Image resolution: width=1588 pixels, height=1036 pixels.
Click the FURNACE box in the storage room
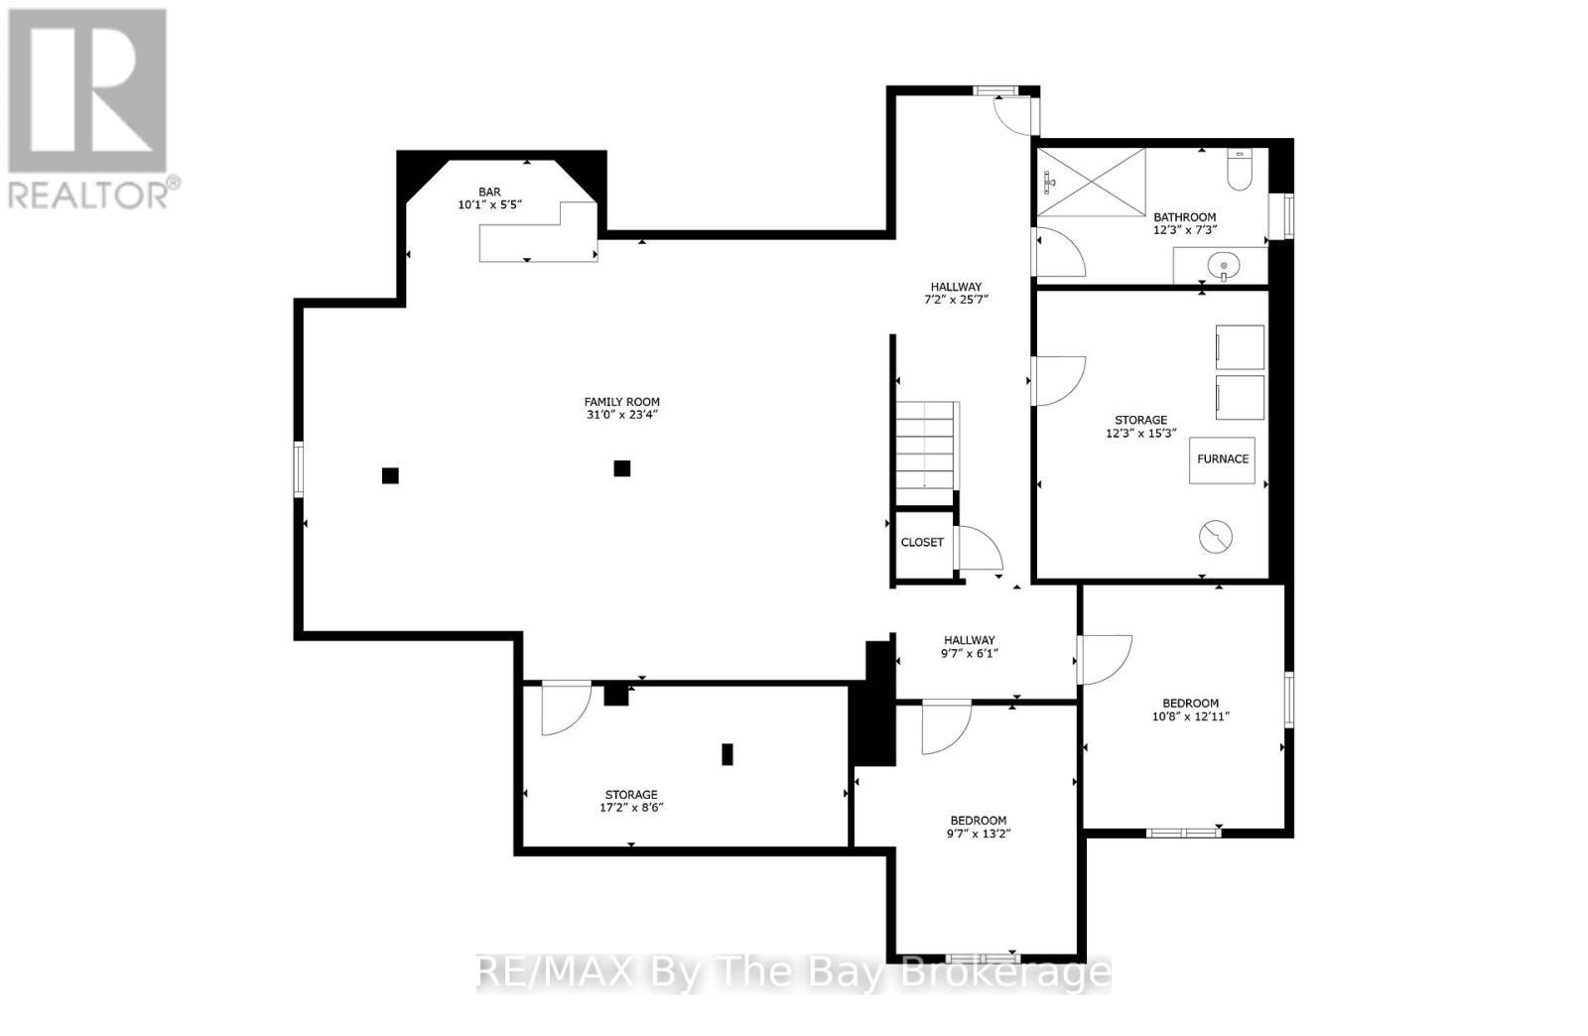1222,459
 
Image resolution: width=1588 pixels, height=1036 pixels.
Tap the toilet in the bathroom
1241,171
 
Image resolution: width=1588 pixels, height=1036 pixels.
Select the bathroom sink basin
1222,265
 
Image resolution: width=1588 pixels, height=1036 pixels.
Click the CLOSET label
922,543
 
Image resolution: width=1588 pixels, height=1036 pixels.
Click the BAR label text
489,192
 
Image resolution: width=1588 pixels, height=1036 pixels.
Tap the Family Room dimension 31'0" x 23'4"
622,415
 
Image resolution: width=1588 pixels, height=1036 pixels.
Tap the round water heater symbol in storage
1216,537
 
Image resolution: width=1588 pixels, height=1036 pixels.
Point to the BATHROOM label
1184,217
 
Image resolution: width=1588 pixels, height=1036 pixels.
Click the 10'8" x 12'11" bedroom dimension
1191,716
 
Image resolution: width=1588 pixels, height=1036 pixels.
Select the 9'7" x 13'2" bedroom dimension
979,834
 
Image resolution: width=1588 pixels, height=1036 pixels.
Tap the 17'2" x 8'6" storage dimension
631,808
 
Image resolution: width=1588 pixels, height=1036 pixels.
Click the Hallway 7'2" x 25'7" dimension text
956,300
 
